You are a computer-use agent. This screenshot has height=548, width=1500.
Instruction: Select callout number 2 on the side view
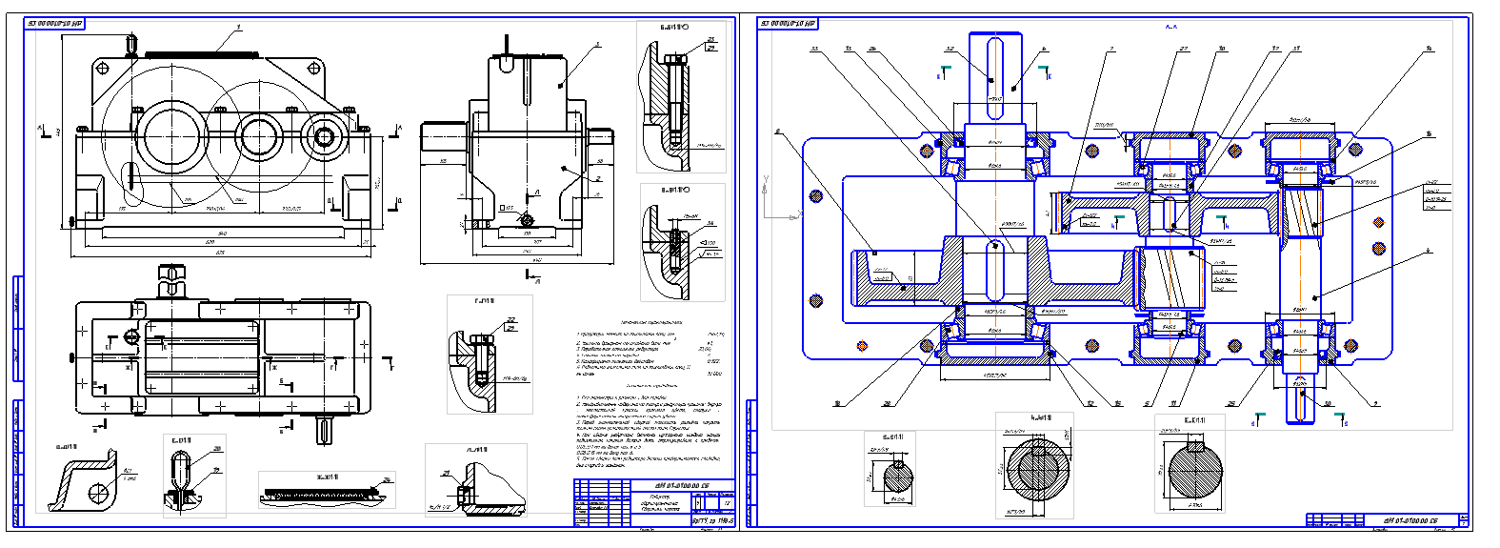pyautogui.click(x=598, y=178)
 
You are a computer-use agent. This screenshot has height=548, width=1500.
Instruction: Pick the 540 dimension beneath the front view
pyautogui.click(x=221, y=233)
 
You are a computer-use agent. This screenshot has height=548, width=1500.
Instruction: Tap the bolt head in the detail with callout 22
pyautogui.click(x=482, y=340)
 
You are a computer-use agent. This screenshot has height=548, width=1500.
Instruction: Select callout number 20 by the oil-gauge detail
pyautogui.click(x=218, y=448)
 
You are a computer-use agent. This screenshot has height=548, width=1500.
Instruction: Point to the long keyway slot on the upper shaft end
pyautogui.click(x=994, y=76)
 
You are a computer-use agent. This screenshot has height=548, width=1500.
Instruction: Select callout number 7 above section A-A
pyautogui.click(x=1111, y=50)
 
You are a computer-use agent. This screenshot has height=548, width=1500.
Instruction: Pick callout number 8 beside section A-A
pyautogui.click(x=778, y=132)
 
